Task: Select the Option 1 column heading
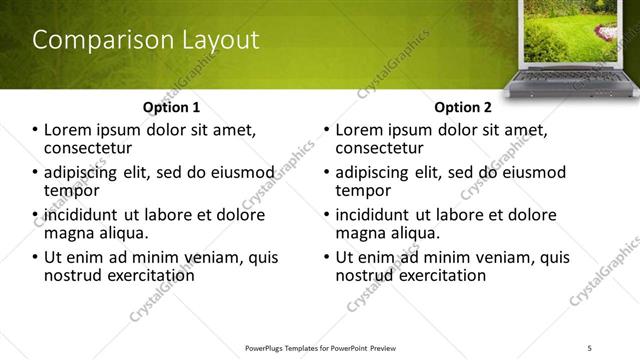point(171,107)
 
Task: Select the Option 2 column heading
point(463,107)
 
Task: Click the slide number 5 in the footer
point(589,346)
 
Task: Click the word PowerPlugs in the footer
point(269,346)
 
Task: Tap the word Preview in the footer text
point(384,346)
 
